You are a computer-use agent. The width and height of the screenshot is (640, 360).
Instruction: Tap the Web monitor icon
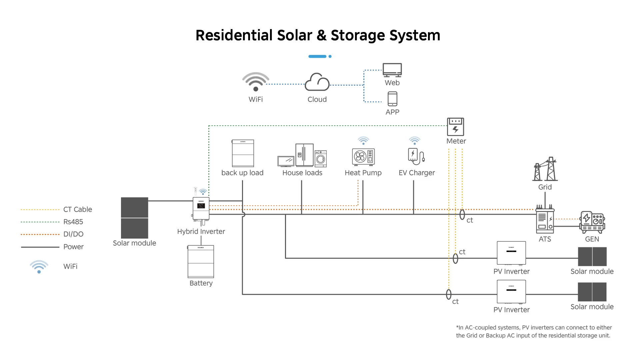(x=392, y=70)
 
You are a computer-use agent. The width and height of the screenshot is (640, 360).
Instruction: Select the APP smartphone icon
(x=392, y=99)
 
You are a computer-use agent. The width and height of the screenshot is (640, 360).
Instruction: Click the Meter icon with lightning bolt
(x=455, y=127)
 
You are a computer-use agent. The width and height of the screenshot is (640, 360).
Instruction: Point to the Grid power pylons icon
(x=545, y=169)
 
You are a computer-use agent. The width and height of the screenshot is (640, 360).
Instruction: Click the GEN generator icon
(x=592, y=222)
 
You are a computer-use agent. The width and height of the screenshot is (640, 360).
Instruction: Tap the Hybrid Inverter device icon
(x=201, y=209)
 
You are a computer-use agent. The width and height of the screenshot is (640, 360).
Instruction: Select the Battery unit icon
(x=201, y=262)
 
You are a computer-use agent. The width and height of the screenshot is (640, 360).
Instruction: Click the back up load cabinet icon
(x=243, y=153)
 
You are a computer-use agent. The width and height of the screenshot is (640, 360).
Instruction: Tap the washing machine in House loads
(x=321, y=159)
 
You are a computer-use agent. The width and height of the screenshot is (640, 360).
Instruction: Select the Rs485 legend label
(x=73, y=222)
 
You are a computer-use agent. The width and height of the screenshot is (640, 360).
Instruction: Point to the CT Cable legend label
(x=78, y=210)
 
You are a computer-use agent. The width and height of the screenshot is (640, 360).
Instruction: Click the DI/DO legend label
(x=73, y=234)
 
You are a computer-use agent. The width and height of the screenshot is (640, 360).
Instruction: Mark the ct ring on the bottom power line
(x=449, y=294)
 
